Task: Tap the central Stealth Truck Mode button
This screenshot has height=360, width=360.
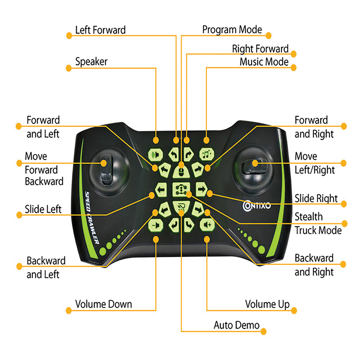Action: pos(181,189)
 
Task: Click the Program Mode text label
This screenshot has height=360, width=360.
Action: pos(232,30)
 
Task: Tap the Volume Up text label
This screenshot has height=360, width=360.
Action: pos(267,304)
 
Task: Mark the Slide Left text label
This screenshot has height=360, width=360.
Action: pos(43,209)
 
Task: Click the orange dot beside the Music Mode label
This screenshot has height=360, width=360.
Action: pos(294,67)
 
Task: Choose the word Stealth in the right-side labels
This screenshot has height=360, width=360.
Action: pos(309,217)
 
